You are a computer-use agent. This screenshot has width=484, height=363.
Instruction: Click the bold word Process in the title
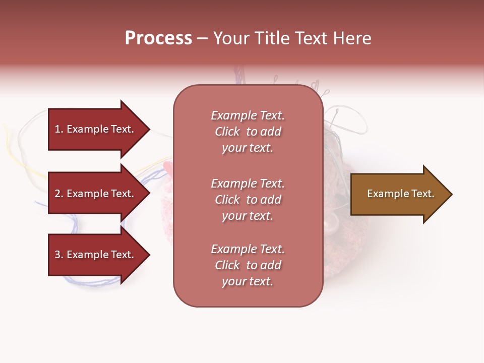click(x=158, y=38)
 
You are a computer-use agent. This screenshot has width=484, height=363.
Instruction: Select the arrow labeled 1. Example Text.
click(x=96, y=129)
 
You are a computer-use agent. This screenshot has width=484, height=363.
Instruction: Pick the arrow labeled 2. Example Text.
click(x=96, y=194)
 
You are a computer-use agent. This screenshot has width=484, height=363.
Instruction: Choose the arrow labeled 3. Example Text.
click(x=96, y=255)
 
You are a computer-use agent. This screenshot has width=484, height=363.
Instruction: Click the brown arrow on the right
click(x=398, y=194)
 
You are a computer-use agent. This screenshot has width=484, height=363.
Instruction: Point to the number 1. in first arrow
click(x=59, y=129)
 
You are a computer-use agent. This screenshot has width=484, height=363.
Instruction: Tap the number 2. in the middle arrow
click(x=59, y=194)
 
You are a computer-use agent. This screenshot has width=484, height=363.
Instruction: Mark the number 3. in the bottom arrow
click(x=59, y=255)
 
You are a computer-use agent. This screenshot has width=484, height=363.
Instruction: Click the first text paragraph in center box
click(x=248, y=132)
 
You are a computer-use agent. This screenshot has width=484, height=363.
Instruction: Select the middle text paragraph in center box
click(x=248, y=200)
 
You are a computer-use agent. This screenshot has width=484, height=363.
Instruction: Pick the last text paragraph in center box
click(x=248, y=265)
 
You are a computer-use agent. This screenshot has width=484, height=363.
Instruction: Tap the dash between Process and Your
click(x=203, y=39)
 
